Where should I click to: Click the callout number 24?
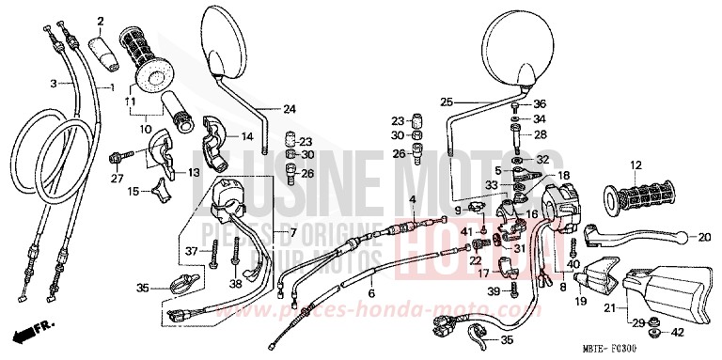[289, 109]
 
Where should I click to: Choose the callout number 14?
[247, 136]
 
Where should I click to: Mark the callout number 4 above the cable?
[412, 199]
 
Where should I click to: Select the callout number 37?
[189, 251]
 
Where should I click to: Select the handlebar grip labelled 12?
[641, 197]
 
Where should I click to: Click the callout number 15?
[133, 192]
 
